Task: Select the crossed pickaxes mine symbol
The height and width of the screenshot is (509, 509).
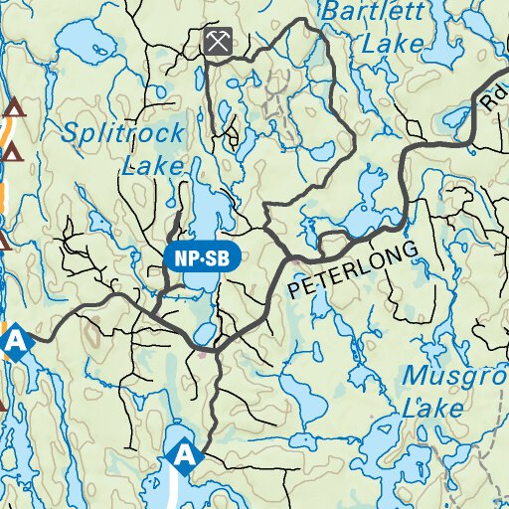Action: pyautogui.click(x=218, y=42)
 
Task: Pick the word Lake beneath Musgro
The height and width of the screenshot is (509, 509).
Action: pyautogui.click(x=433, y=408)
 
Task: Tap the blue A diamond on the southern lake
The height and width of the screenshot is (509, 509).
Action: pyautogui.click(x=184, y=455)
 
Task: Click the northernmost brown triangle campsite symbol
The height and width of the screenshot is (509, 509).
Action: pyautogui.click(x=13, y=107)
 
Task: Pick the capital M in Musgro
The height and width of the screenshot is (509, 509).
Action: pyautogui.click(x=415, y=378)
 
